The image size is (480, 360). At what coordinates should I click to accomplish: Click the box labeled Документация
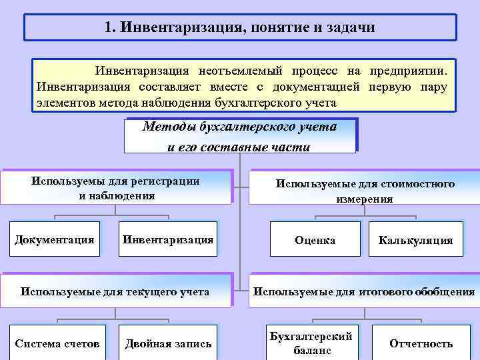(55, 239)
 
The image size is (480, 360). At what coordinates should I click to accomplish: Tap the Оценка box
(315, 241)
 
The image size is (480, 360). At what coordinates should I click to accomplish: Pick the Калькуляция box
(415, 241)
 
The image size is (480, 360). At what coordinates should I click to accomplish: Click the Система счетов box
(57, 343)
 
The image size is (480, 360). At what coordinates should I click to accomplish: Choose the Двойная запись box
(168, 343)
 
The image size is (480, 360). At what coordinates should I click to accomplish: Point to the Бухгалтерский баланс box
(311, 343)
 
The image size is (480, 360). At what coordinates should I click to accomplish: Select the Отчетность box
(421, 343)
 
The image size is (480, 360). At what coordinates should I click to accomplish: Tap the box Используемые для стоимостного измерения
(365, 191)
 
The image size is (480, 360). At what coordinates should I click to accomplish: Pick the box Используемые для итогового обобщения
(364, 291)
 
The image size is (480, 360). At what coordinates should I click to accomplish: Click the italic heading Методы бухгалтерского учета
(240, 127)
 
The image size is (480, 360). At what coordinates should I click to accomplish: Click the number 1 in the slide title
(109, 28)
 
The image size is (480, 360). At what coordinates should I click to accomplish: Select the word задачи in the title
(354, 28)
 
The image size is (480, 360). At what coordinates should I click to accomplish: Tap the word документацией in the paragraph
(320, 87)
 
